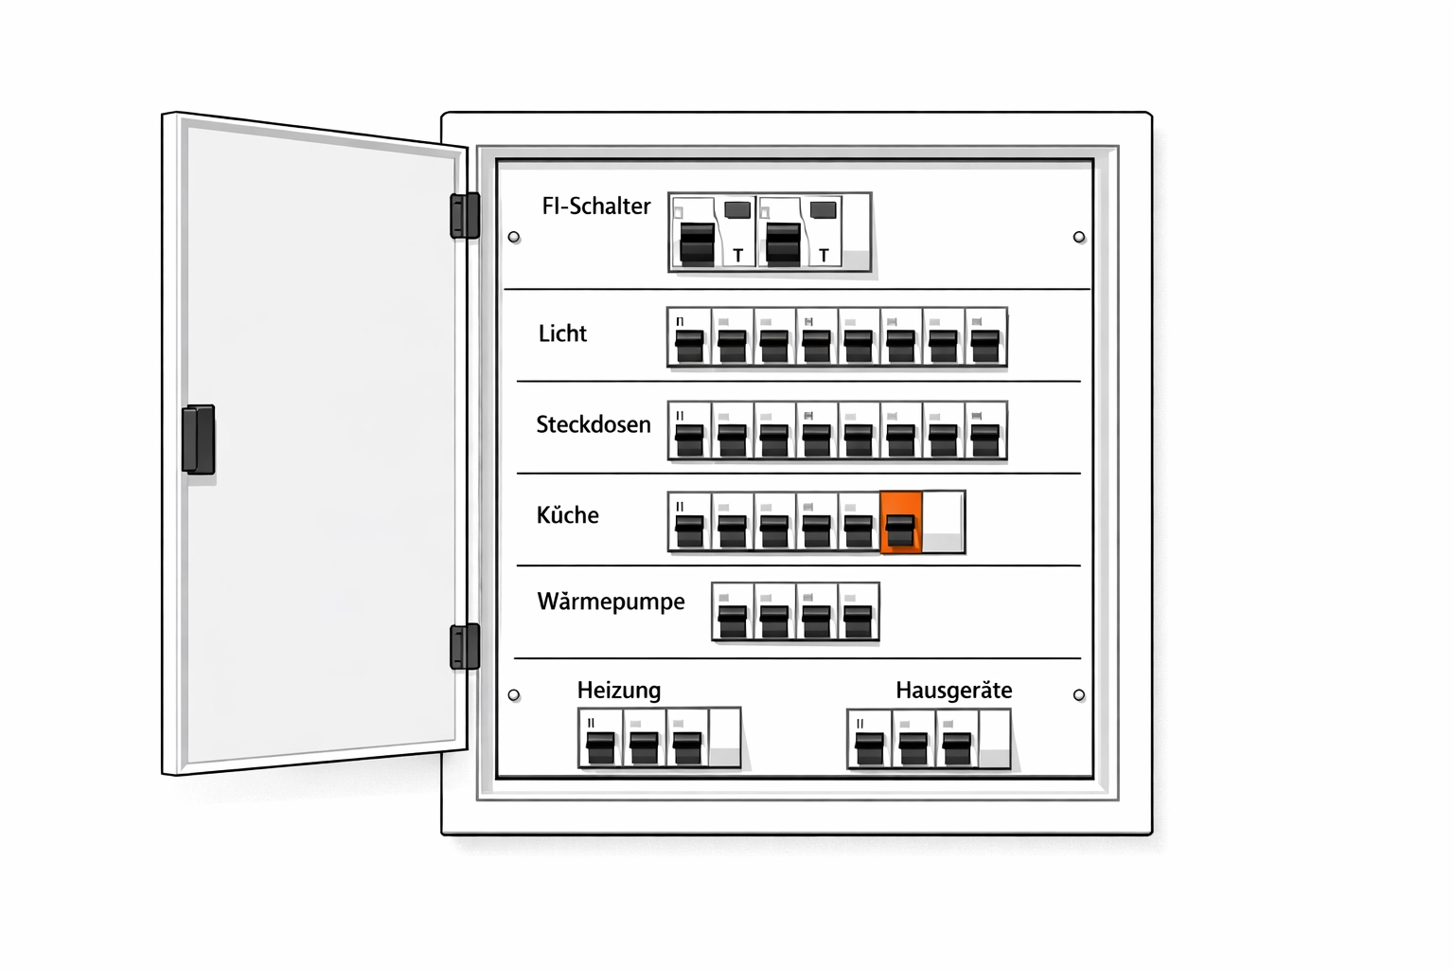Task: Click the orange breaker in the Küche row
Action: [x=900, y=522]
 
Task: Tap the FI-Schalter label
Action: [x=595, y=207]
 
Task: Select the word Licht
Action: [x=562, y=333]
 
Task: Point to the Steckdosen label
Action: [x=594, y=424]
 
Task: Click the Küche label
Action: [x=567, y=515]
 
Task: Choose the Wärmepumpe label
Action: [x=611, y=602]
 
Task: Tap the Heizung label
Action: [x=619, y=690]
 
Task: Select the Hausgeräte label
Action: [x=953, y=690]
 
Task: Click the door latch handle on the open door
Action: [x=199, y=439]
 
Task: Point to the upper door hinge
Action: [x=465, y=215]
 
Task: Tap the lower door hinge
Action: [x=465, y=646]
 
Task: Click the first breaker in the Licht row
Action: [x=689, y=337]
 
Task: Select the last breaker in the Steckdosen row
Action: [x=985, y=431]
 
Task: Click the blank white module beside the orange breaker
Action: [x=943, y=522]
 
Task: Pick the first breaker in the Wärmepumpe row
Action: [x=732, y=613]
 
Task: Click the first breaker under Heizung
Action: [x=600, y=738]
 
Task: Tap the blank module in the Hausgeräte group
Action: [x=994, y=738]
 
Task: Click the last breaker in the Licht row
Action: [x=985, y=337]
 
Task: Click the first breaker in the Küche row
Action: [x=689, y=522]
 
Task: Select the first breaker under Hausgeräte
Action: [x=869, y=738]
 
